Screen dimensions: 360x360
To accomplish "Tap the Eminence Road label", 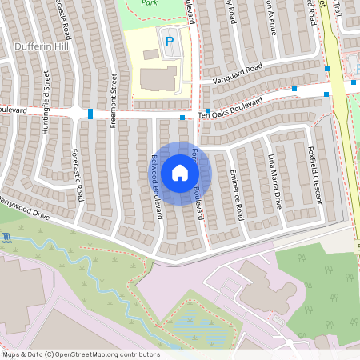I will (236, 196).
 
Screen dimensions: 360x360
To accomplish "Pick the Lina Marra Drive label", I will (275, 182).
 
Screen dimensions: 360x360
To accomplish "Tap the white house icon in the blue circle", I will (180, 173).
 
